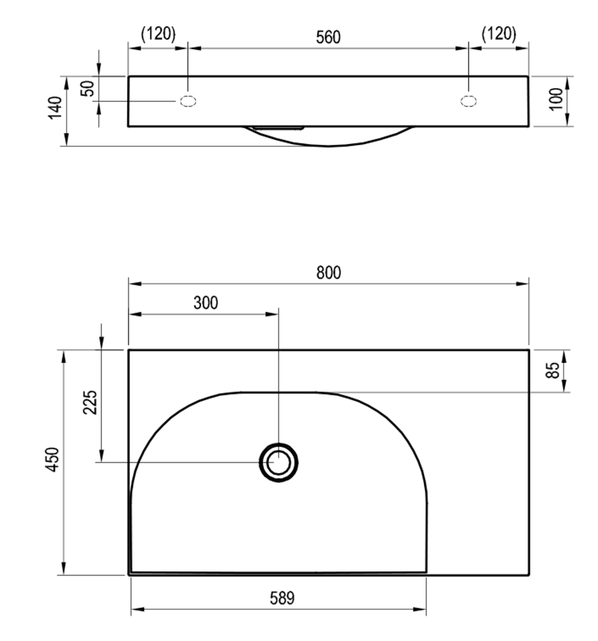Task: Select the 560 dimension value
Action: coord(328,37)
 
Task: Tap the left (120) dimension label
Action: coord(158,34)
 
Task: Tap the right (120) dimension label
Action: coord(499,34)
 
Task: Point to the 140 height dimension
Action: coord(56,108)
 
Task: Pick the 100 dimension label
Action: coord(556,99)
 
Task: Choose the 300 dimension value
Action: coord(205,303)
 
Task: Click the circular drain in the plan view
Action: coord(279,462)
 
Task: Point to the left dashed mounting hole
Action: coord(189,101)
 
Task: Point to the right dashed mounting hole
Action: coord(468,101)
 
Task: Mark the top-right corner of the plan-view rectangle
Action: coord(528,350)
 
